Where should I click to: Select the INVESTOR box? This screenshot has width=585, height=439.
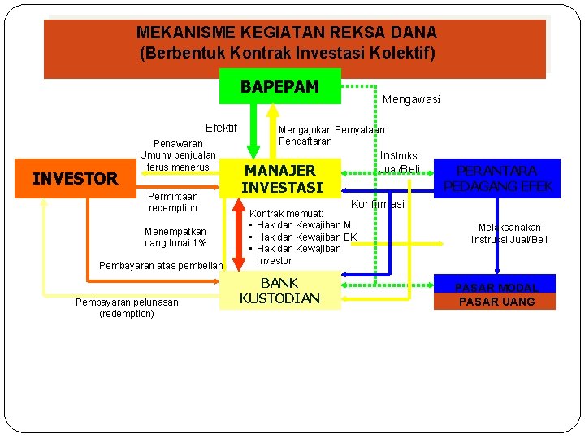[75, 179]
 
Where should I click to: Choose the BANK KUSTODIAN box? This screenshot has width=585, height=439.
[279, 290]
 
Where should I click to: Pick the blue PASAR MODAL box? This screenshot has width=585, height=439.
[496, 288]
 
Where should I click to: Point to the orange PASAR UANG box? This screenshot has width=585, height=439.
[496, 302]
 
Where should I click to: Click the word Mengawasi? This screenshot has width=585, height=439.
[411, 100]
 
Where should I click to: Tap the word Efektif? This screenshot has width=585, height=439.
[221, 128]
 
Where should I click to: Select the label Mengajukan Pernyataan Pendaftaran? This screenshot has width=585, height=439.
[331, 135]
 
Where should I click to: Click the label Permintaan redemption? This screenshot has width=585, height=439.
[172, 202]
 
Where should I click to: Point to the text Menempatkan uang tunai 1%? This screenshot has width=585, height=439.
[175, 237]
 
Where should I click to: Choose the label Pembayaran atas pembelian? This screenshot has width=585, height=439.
[160, 265]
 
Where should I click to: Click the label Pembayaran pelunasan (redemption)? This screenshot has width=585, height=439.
[126, 307]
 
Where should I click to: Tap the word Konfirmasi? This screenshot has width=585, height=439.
[378, 204]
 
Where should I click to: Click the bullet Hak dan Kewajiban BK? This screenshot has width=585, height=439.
[306, 237]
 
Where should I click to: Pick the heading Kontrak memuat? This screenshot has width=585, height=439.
[286, 213]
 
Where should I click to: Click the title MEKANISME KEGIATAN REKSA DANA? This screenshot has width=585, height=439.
[287, 33]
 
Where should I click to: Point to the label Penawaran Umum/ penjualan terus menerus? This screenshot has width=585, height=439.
[177, 154]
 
